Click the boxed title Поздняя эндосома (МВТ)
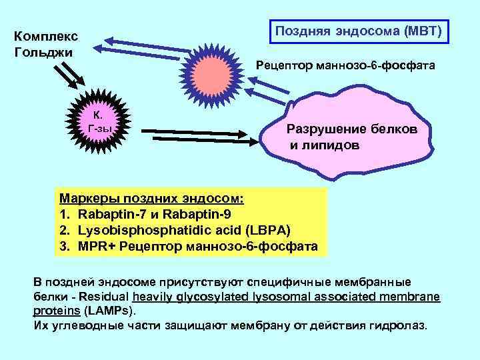tap(358, 31)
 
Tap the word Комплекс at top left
tap(45, 36)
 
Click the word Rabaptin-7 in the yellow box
tap(109, 214)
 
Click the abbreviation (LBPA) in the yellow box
tap(267, 230)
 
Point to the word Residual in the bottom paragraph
tap(107, 297)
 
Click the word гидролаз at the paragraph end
tap(406, 326)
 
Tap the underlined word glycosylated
tap(207, 297)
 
